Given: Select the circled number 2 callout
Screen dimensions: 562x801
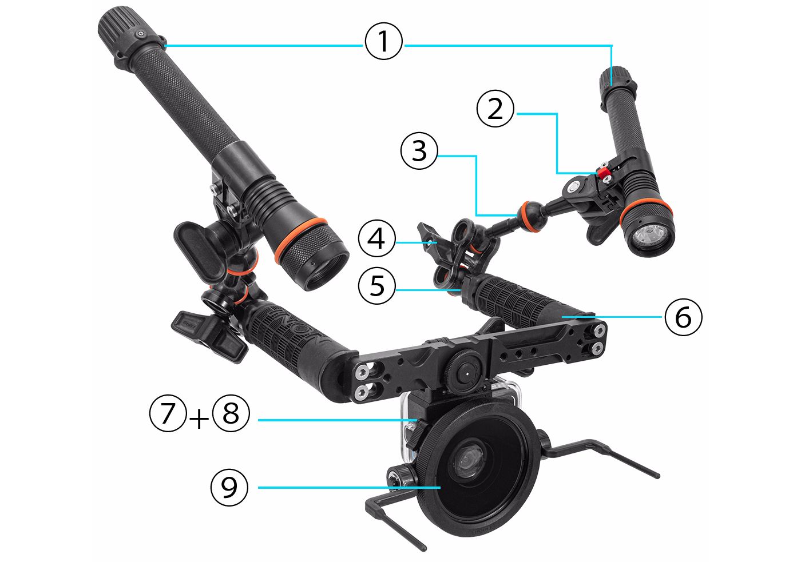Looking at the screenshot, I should click(495, 109).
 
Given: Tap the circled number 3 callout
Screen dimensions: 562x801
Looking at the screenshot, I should click(419, 151).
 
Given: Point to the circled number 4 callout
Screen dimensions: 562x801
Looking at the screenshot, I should click(377, 238).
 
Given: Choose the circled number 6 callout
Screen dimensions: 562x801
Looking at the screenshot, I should click(683, 316).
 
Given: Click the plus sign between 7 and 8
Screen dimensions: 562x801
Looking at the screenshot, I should click(199, 420).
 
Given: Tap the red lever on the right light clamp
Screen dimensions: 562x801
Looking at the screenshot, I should click(603, 172).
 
